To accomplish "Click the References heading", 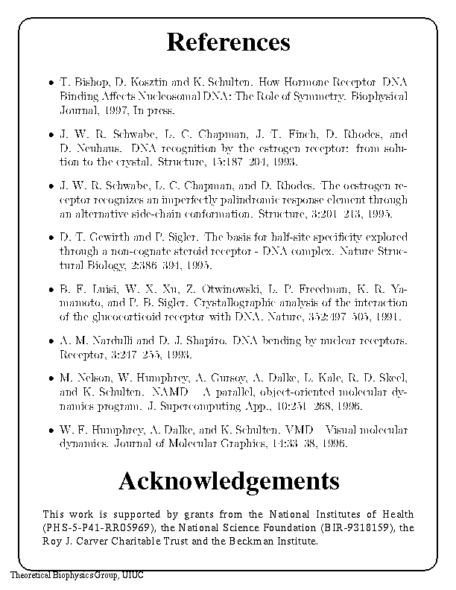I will click(x=228, y=42).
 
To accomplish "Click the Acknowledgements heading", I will click(x=229, y=480).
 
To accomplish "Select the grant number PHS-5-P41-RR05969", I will click(x=104, y=528).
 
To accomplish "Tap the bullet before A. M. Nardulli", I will click(x=48, y=342).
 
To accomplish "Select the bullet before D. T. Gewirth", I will click(x=48, y=238).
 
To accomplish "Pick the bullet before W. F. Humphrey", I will click(x=48, y=431).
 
